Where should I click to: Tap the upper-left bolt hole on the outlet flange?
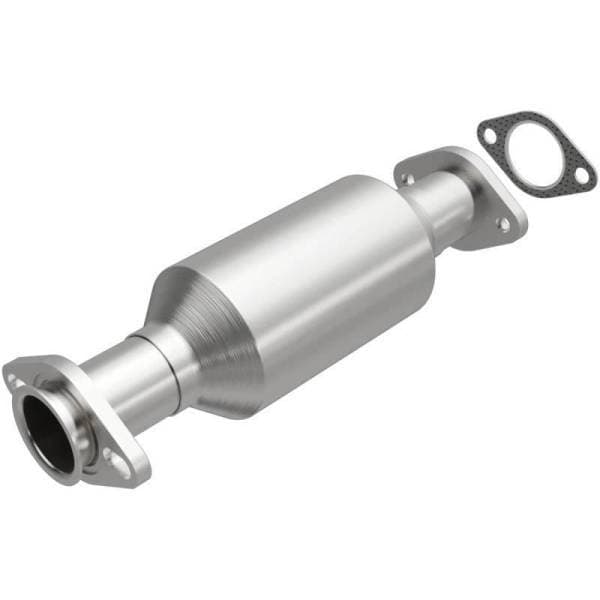(x=407, y=178)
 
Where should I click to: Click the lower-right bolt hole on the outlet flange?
(x=503, y=226)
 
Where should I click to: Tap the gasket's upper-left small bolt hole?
(x=487, y=131)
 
